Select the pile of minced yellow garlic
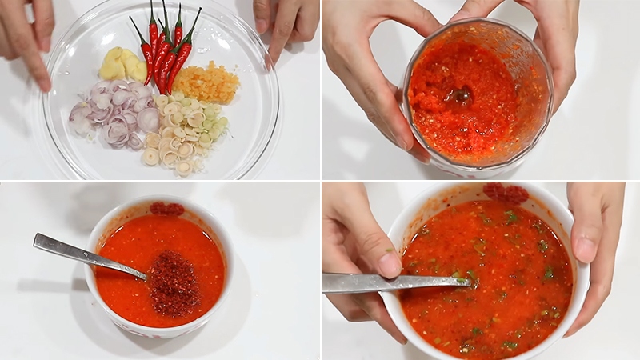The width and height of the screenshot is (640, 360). pyautogui.click(x=206, y=82)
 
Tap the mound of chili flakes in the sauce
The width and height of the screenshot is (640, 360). pyautogui.click(x=174, y=282)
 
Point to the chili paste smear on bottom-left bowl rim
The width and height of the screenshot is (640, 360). pyautogui.click(x=166, y=208)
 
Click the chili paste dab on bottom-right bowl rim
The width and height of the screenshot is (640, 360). pyautogui.click(x=506, y=193)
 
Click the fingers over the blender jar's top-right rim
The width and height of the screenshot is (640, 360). pyautogui.click(x=512, y=20)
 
